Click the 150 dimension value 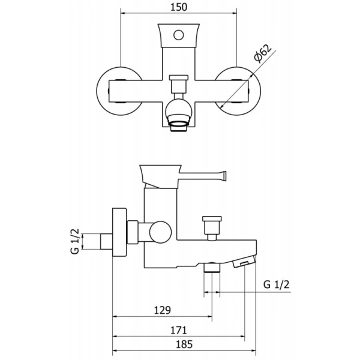click(x=179, y=7)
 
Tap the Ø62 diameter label click(x=263, y=53)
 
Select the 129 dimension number click(x=163, y=310)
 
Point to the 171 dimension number click(x=179, y=331)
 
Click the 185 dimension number click(x=184, y=344)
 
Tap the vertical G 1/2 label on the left click(x=75, y=241)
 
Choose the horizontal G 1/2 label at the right click(x=276, y=284)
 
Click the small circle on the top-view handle click(x=179, y=35)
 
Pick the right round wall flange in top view click(x=261, y=91)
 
